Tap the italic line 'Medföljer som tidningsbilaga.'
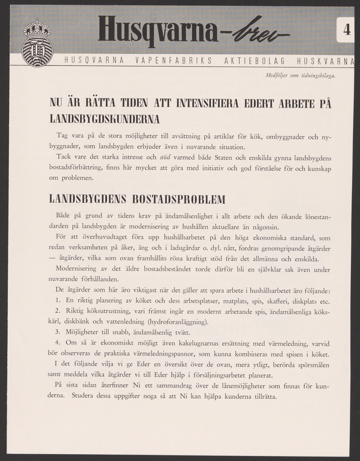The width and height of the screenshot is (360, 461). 301,76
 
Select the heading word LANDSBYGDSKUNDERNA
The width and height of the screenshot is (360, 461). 104,119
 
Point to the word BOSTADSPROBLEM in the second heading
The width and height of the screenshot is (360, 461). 178,200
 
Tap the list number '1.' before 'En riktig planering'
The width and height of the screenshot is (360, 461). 58,300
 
